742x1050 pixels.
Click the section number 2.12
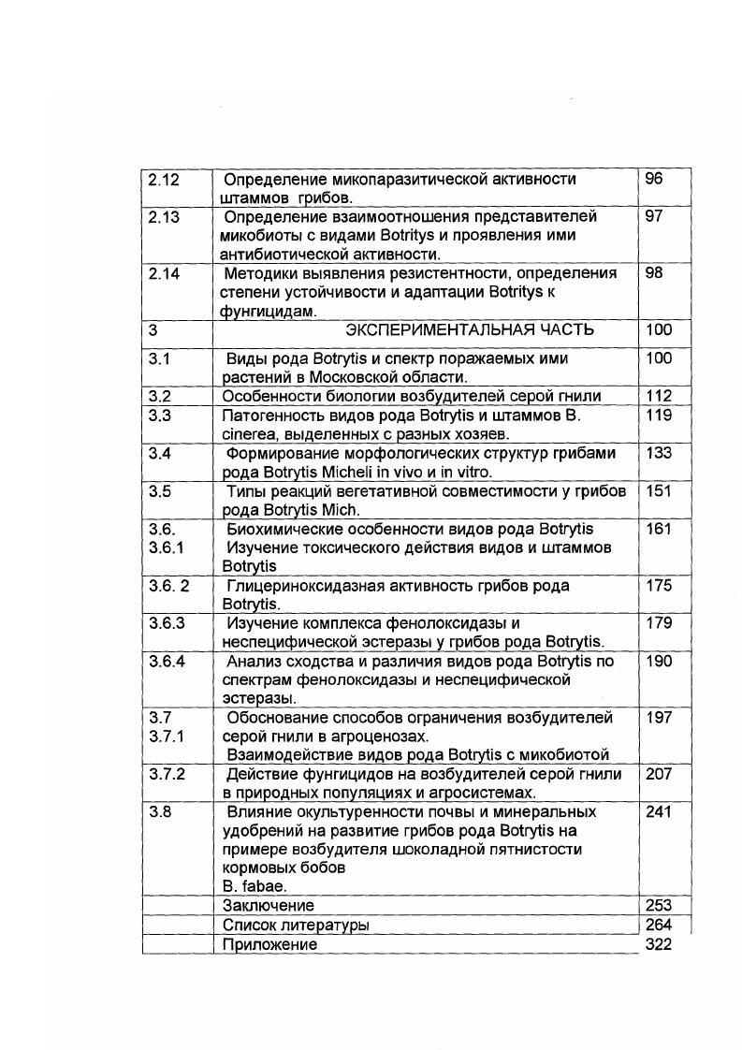click(x=163, y=179)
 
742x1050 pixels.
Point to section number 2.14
click(x=163, y=273)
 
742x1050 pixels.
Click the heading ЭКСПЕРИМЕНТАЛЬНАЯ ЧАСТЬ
click(x=469, y=330)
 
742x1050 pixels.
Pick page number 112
click(x=659, y=397)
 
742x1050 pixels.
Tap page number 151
click(x=659, y=491)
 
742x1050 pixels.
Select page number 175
click(x=659, y=586)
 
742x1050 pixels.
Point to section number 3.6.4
click(x=167, y=662)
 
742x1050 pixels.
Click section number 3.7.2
click(x=167, y=775)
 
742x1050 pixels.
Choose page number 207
click(x=659, y=775)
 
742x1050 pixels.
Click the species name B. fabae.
click(x=252, y=886)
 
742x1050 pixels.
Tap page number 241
click(x=659, y=812)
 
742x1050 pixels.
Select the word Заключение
click(x=269, y=906)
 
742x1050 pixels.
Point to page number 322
click(x=659, y=945)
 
